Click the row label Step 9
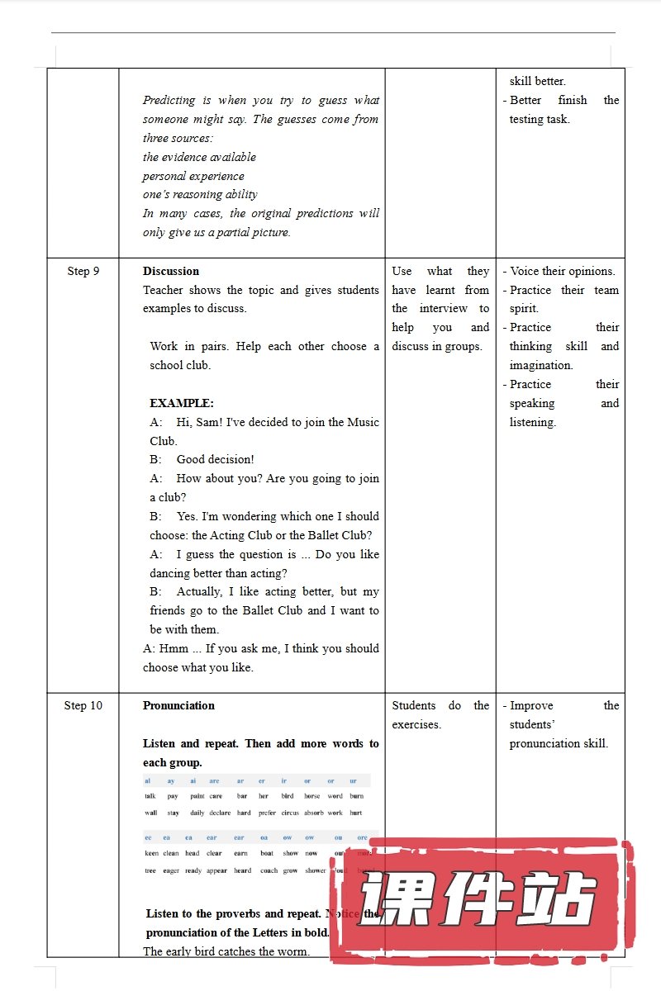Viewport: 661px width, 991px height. pos(83,271)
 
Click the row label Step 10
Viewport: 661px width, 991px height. pos(83,705)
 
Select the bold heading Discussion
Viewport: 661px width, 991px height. pos(171,271)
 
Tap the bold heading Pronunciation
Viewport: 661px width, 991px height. pos(178,705)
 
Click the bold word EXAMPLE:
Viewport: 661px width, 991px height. pos(182,403)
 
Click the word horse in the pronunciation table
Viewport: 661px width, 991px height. pos(311,796)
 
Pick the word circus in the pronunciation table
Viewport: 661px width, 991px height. pos(289,813)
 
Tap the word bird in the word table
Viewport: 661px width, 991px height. pos(287,796)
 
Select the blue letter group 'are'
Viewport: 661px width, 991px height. pos(214,780)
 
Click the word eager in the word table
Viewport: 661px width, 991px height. pos(171,870)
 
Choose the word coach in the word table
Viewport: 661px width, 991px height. pos(269,870)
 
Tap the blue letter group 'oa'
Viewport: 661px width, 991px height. pos(264,837)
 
